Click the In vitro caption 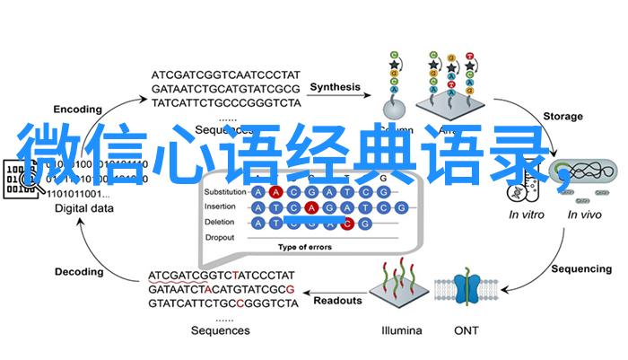527,215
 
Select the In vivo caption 585,215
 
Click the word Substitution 223,193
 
